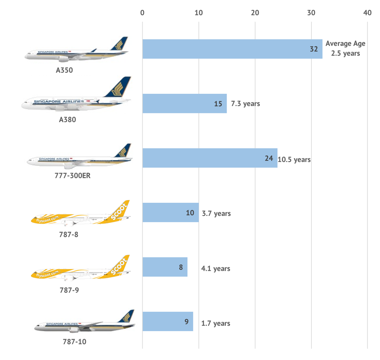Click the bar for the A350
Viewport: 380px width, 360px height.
click(232, 49)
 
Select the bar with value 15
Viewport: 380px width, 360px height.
click(184, 103)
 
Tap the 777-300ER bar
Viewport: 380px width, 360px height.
click(210, 158)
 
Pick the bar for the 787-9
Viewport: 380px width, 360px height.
click(164, 267)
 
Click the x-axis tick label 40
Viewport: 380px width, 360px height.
click(367, 13)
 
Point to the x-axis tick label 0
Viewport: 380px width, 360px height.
click(142, 13)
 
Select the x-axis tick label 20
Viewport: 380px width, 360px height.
click(255, 13)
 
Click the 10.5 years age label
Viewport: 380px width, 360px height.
click(294, 160)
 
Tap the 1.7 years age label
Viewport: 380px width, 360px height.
click(216, 324)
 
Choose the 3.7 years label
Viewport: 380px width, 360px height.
click(216, 213)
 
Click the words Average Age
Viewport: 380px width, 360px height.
click(346, 44)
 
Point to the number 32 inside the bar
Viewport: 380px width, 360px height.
click(314, 49)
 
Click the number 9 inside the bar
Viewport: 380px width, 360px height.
click(186, 322)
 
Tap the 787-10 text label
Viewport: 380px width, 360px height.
click(74, 341)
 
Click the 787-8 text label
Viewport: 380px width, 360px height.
click(69, 234)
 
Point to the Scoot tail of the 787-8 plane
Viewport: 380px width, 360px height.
click(121, 210)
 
